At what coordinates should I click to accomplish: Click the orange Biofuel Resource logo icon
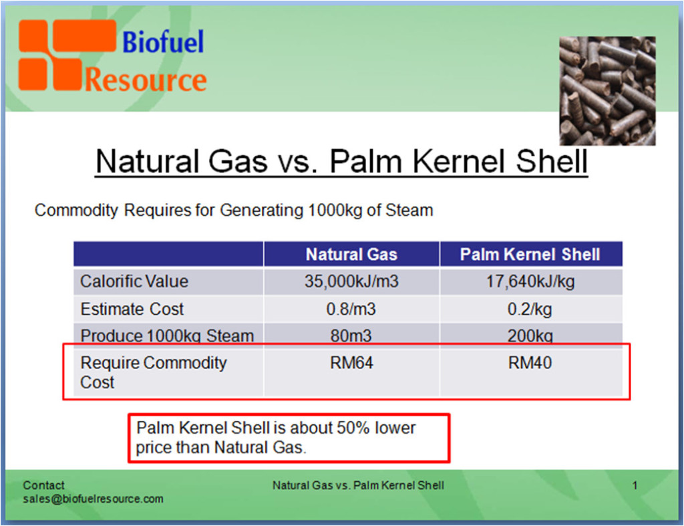coord(51,55)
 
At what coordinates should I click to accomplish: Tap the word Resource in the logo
coord(146,80)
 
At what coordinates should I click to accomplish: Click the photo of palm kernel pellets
coord(607,90)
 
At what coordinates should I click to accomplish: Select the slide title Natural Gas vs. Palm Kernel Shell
coord(341,162)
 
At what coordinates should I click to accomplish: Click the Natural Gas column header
coord(351,255)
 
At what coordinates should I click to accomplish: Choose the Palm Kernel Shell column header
coord(530,255)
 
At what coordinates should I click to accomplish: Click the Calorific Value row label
coord(134,281)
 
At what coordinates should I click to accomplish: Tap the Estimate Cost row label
coord(132,309)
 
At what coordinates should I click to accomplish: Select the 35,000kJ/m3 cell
coord(351,281)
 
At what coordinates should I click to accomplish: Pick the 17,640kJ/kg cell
coord(530,281)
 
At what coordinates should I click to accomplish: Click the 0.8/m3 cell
coord(351,309)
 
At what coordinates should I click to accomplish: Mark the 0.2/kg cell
coord(530,309)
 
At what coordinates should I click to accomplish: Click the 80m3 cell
coord(351,336)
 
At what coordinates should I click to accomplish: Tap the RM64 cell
coord(351,364)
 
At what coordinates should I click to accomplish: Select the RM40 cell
coord(530,364)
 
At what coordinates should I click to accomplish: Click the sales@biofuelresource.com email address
coord(93,499)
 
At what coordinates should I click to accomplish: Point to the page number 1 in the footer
coord(635,486)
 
